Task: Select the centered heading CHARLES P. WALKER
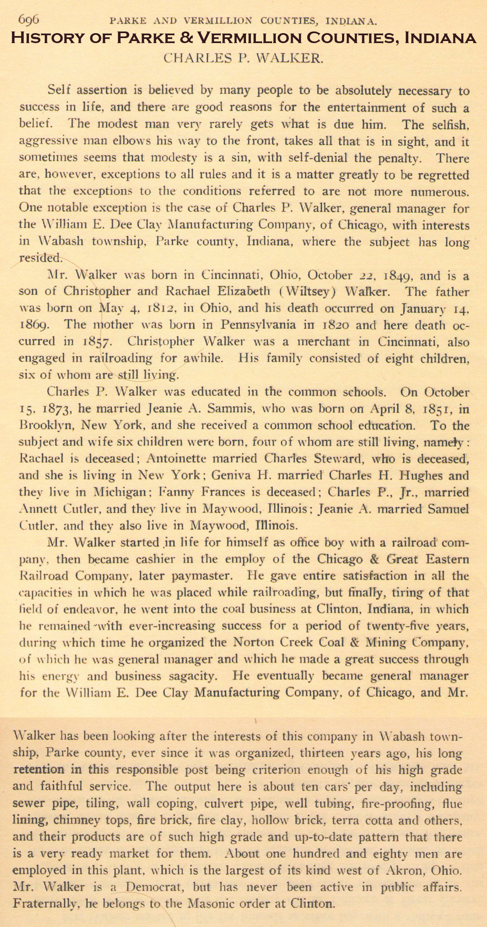(x=243, y=58)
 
